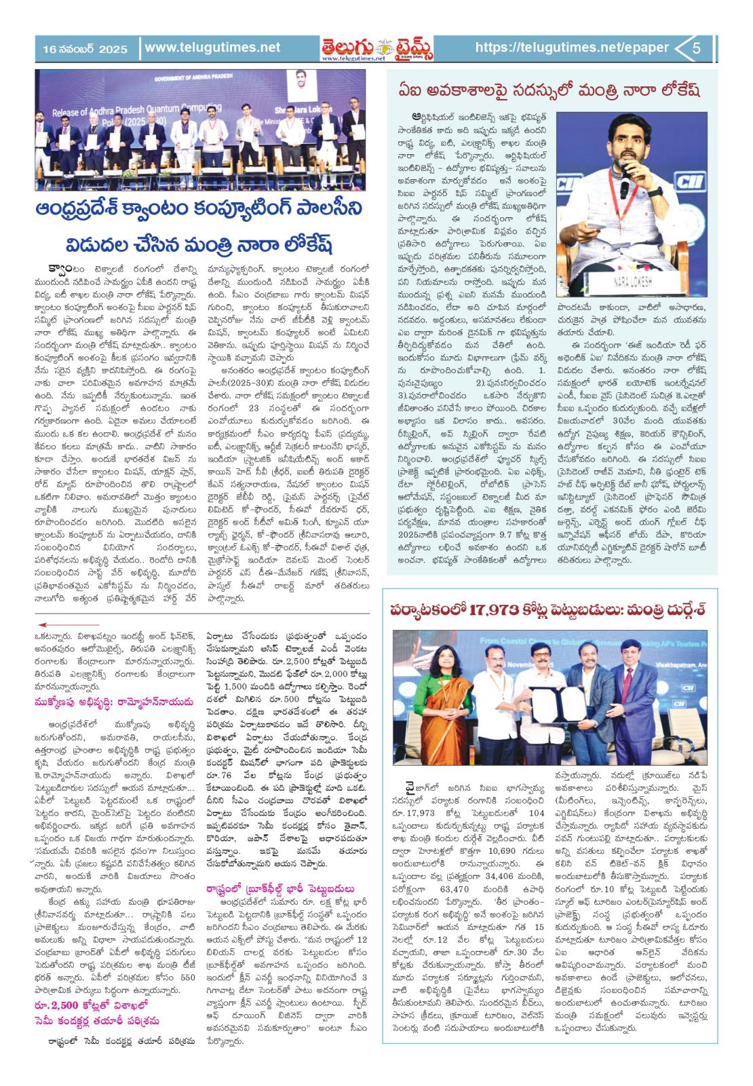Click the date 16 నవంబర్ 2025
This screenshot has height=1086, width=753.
pyautogui.click(x=80, y=48)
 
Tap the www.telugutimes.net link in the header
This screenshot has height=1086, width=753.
pyautogui.click(x=212, y=48)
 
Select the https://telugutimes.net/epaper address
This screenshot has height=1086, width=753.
pyautogui.click(x=572, y=48)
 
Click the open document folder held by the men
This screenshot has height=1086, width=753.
pyautogui.click(x=553, y=724)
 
